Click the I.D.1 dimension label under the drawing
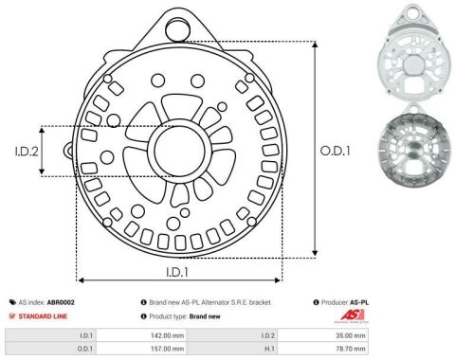coord(177,272)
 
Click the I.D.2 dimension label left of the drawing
coord(27,152)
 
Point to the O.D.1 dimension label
coord(335,151)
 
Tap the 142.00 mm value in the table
coord(167,335)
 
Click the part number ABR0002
coord(61,302)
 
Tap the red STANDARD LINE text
coord(43,316)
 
